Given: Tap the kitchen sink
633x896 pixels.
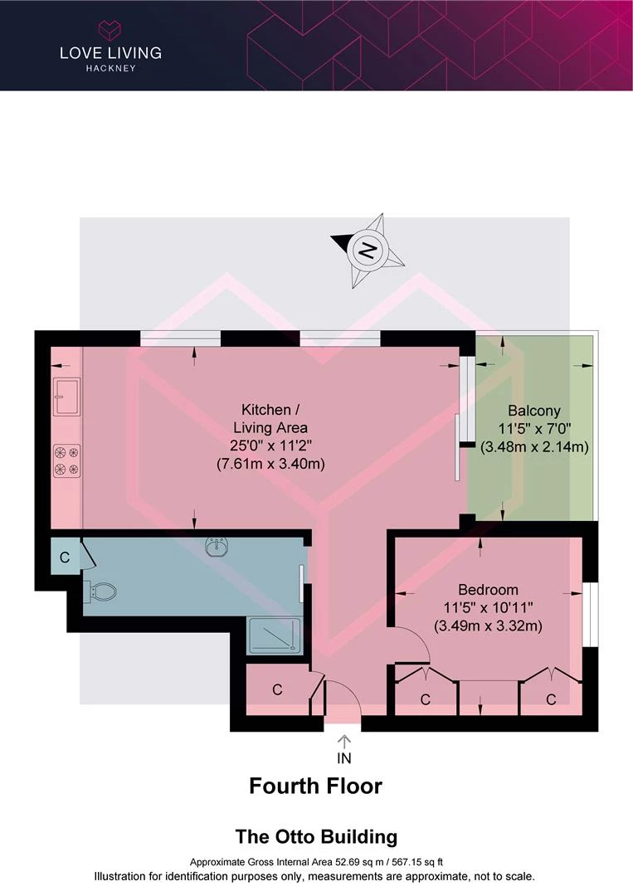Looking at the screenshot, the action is tap(67, 397).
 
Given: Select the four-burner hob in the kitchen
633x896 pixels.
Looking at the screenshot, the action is tap(67, 461).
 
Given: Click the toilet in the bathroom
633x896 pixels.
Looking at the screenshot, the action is tap(100, 592).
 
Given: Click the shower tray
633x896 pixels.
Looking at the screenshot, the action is tap(275, 636).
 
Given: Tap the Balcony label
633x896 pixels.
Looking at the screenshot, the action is tap(534, 411).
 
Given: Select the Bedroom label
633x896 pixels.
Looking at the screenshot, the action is tap(488, 589).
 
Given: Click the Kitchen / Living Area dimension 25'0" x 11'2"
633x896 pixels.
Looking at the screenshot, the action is tap(270, 446).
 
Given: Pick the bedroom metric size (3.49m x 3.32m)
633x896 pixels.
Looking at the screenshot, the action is tap(488, 626).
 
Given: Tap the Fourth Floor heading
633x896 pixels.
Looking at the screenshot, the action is tap(315, 786).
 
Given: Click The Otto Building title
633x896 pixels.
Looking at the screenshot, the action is tap(317, 836).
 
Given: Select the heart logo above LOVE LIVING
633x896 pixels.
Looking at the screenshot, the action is tap(110, 30).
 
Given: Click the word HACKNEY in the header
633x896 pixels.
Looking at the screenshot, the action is tap(111, 68).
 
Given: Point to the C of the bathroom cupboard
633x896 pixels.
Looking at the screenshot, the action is tap(65, 558).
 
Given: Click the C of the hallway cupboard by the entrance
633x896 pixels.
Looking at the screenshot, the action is tap(278, 689).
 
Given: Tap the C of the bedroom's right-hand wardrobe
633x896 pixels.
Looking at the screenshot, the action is tap(551, 699).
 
